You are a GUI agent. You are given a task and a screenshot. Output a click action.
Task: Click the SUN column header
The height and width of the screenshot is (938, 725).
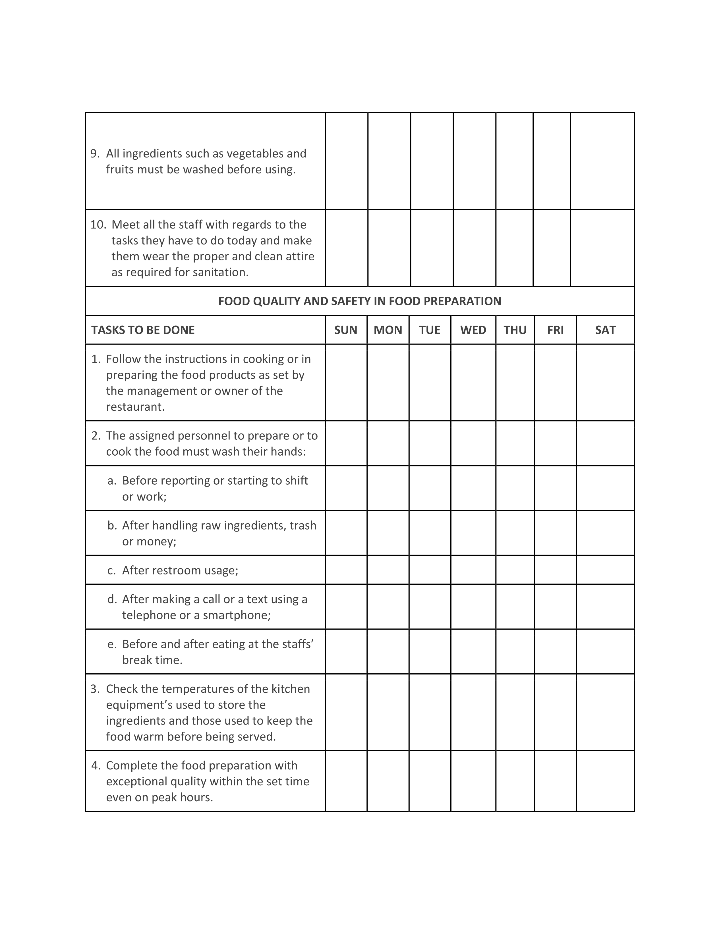pos(346,330)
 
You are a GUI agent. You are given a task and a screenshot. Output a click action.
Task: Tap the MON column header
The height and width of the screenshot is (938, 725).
pos(388,330)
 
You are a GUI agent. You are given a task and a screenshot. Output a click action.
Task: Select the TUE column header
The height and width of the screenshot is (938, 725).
pos(430,330)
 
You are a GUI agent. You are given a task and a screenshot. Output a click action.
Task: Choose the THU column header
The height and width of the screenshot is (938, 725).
pos(515,330)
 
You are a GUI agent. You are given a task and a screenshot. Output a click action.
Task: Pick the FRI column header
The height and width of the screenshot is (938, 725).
pos(555,330)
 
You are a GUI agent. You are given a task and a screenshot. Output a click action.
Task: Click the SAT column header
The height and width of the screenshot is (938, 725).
pos(605,330)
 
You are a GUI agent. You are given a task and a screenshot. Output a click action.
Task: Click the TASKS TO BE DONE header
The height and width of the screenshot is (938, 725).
pos(143,330)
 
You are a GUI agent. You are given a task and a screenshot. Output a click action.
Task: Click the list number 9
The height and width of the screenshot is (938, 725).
pos(94,153)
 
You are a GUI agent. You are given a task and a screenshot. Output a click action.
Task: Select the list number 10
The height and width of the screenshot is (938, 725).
pos(98,225)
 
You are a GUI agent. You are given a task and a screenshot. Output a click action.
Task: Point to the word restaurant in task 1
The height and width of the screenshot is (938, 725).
pos(135,407)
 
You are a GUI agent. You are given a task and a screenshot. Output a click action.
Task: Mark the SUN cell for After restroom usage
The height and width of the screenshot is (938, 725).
pos(346,570)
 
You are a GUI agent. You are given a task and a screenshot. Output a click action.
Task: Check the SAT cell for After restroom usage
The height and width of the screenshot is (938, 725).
pos(605,570)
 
